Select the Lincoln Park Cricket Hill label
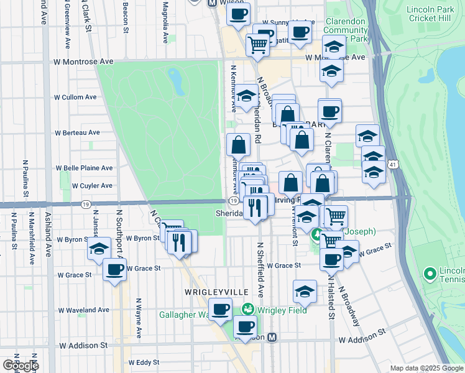pos(432,14)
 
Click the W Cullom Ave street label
pos(75,97)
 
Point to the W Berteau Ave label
pos(77,132)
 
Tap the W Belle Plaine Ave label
pos(85,168)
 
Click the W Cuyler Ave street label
pos(92,185)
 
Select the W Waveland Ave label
pos(83,310)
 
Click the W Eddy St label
pos(144,362)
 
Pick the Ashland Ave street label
pos(48,234)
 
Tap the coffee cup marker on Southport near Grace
pos(114,270)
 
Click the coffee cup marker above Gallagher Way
pos(219,309)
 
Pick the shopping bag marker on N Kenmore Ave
pos(239,145)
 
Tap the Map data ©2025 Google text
pos(426,368)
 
